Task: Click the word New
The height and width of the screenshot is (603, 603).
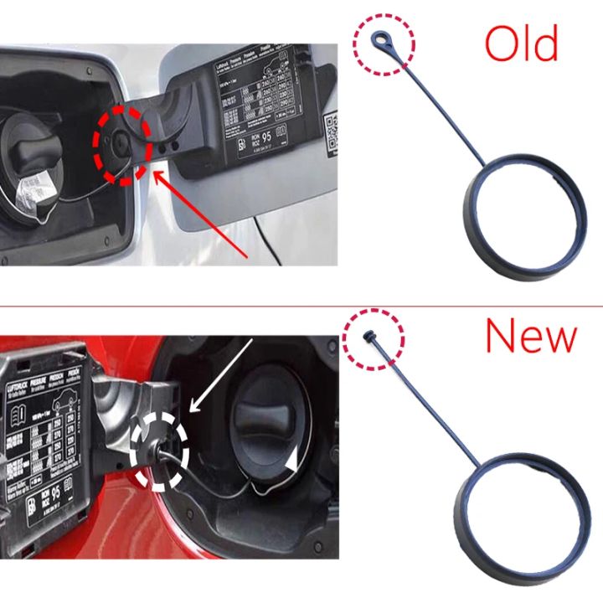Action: (531, 336)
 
